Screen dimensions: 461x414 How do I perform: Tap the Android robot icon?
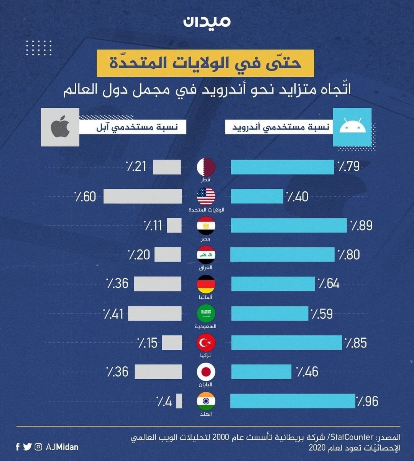pyautogui.click(x=352, y=127)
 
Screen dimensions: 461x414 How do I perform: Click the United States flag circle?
pyautogui.click(x=206, y=196)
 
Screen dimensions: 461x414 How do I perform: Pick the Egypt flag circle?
pyautogui.click(x=206, y=226)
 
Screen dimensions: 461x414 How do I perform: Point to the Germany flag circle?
pyautogui.click(x=206, y=284)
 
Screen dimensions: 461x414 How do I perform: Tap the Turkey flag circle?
pyautogui.click(x=206, y=342)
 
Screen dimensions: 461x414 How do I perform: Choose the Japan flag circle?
pyautogui.click(x=206, y=372)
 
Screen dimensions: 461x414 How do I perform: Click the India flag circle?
pyautogui.click(x=206, y=401)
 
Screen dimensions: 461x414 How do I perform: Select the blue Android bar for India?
pyautogui.click(x=292, y=401)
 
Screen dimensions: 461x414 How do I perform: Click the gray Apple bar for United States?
pyautogui.click(x=142, y=196)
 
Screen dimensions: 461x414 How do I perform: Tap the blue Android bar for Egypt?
pyautogui.click(x=289, y=226)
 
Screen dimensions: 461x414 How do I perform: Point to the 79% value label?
pyautogui.click(x=348, y=166)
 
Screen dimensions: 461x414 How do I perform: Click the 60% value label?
pyautogui.click(x=85, y=197)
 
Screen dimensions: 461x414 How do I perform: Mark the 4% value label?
pyautogui.click(x=164, y=402)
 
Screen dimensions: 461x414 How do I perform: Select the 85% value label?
pyautogui.click(x=356, y=343)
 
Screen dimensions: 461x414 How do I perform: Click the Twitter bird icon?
pyautogui.click(x=27, y=447)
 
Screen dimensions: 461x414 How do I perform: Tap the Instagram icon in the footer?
pyautogui.click(x=38, y=447)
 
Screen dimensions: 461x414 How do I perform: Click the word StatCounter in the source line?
pyautogui.click(x=352, y=437)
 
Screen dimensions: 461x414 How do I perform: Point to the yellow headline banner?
pyautogui.click(x=205, y=63)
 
